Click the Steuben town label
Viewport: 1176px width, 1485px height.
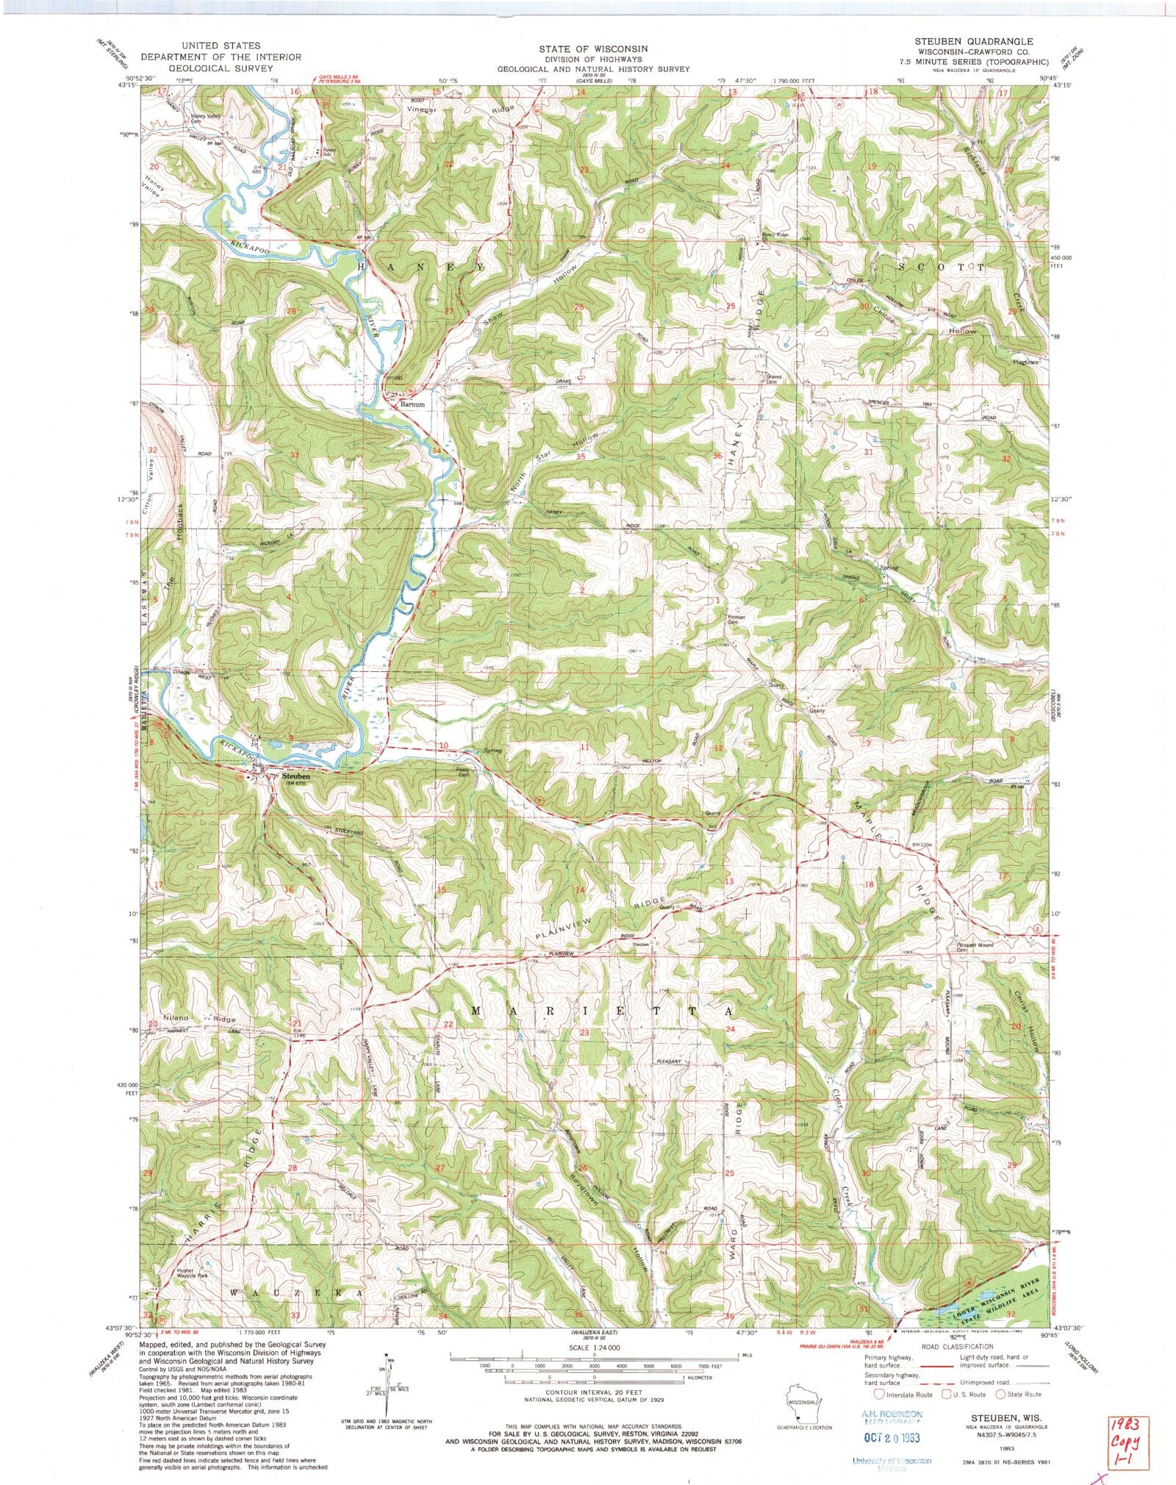(x=294, y=776)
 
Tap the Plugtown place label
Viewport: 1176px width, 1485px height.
(x=1026, y=362)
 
